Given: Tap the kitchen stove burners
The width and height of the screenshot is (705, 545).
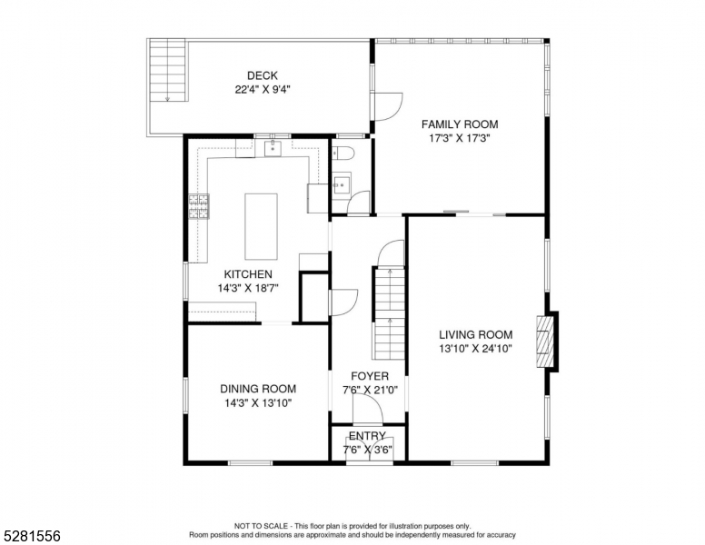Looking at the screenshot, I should point(199,207).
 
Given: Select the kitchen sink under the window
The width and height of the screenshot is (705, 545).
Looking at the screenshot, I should point(272,148).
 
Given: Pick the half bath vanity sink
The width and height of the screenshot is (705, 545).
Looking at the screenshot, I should point(341,186).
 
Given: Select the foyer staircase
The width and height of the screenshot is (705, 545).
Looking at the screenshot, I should point(388,313).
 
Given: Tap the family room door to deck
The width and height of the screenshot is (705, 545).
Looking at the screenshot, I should point(386,107).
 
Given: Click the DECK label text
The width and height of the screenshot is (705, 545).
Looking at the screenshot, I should point(262,76).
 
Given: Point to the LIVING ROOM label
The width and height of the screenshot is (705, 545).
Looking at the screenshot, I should point(476,334).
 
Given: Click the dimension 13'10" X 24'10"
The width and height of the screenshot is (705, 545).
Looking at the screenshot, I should point(476,349).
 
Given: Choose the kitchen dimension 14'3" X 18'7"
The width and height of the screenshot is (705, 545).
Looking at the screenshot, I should point(247,288).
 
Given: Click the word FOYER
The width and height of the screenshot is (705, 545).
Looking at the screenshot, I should point(370,376).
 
